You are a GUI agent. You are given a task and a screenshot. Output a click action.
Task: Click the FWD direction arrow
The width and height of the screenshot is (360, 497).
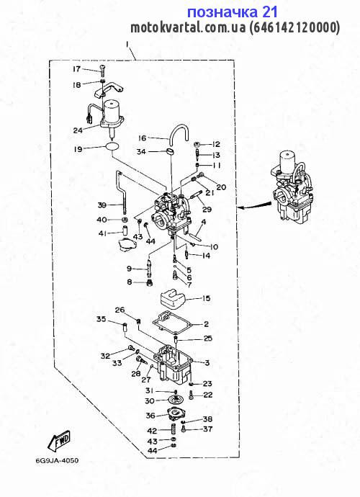click(59, 440)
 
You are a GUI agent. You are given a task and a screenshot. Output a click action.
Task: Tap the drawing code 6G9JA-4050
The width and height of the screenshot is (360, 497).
click(58, 460)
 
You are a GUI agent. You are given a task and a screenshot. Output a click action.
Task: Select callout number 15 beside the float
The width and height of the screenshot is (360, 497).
click(206, 298)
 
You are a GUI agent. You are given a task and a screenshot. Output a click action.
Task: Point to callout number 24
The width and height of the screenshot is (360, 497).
click(78, 130)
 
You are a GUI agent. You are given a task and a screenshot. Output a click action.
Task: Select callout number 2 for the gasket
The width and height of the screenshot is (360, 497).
click(207, 324)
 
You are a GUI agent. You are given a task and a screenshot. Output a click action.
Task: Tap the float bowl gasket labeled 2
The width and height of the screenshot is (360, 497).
click(172, 323)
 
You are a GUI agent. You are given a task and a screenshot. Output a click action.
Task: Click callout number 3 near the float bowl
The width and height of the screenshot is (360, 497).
click(207, 362)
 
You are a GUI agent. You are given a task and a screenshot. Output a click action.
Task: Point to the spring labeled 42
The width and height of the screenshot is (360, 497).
click(174, 431)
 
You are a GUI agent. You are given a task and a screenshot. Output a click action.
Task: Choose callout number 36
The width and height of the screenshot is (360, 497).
click(150, 416)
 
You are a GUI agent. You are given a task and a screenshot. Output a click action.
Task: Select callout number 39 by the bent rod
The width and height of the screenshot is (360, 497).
click(102, 205)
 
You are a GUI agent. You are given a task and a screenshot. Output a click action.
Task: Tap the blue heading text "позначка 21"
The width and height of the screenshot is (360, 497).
click(233, 12)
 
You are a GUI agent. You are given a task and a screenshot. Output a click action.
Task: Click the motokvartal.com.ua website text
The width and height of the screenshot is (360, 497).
click(188, 27)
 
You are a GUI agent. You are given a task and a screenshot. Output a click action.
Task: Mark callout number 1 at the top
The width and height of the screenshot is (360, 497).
click(127, 45)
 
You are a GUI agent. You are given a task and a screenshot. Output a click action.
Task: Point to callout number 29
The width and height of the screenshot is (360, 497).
click(207, 209)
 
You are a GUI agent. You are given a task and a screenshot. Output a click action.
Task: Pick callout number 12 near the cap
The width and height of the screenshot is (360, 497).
click(216, 144)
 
